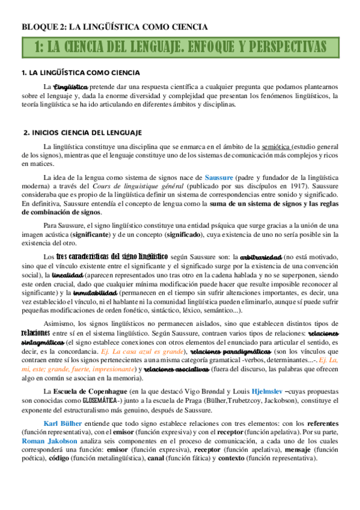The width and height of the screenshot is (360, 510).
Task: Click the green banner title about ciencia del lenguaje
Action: point(180,47)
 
